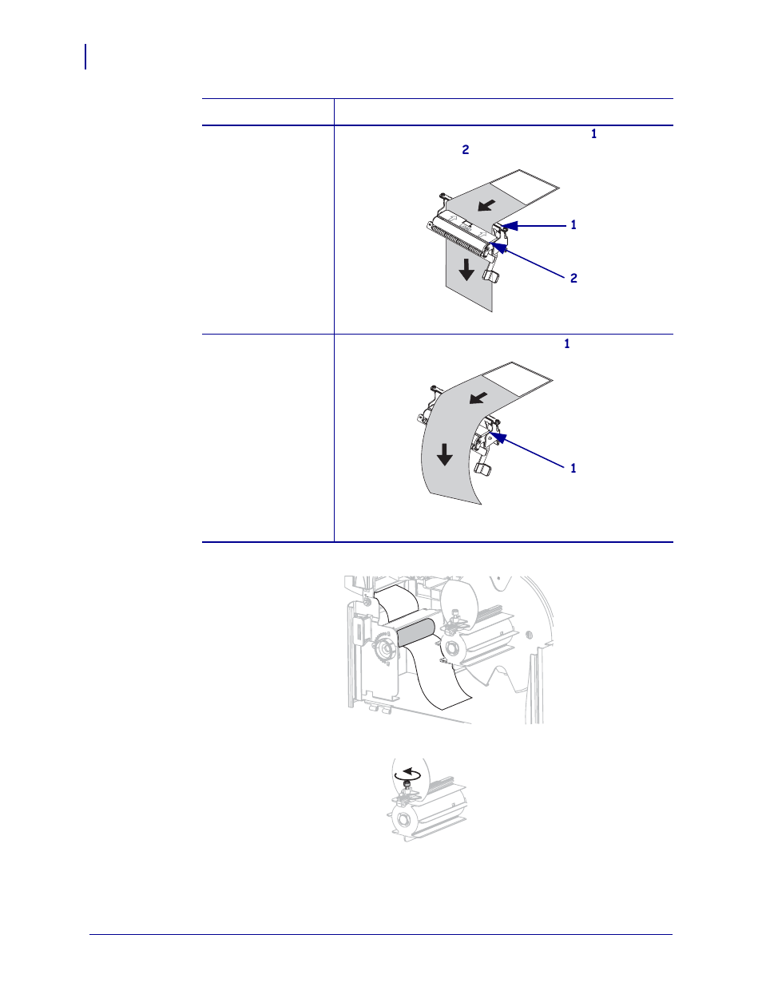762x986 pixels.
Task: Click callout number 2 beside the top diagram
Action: [x=573, y=278]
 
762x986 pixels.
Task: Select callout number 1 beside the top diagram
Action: [x=573, y=224]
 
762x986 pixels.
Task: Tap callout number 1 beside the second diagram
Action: [x=573, y=468]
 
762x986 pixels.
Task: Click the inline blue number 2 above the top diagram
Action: [x=465, y=150]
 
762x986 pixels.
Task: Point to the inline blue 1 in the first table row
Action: [x=593, y=134]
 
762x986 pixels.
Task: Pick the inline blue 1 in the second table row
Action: [x=567, y=344]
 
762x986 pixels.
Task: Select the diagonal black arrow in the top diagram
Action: [x=487, y=205]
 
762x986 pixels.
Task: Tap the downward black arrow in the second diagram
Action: [x=444, y=454]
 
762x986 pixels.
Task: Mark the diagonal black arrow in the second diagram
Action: [x=478, y=398]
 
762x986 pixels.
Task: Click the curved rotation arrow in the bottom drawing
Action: [x=410, y=774]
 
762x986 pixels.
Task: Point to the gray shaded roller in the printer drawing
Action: [x=415, y=632]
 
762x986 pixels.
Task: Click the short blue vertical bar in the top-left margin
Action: [x=85, y=57]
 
